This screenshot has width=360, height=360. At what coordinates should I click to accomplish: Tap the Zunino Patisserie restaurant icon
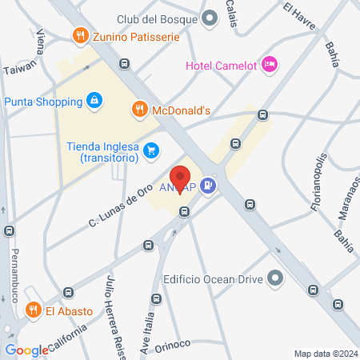79,35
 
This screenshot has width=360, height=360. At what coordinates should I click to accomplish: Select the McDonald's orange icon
139,110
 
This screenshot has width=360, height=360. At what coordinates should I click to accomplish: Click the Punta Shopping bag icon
94,102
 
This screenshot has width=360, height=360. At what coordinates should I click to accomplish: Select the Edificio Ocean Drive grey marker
276,278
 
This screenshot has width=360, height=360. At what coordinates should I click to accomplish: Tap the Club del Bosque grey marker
210,18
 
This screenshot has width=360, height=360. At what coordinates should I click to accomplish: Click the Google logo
27,350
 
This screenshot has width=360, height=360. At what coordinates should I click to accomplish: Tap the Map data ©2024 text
325,353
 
